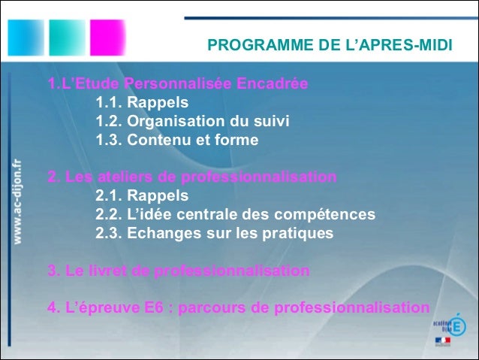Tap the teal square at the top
[65, 35]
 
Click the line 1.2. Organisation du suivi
[192, 121]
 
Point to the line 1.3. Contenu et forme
[176, 140]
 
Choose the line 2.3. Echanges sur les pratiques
[214, 233]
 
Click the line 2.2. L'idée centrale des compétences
[235, 215]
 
